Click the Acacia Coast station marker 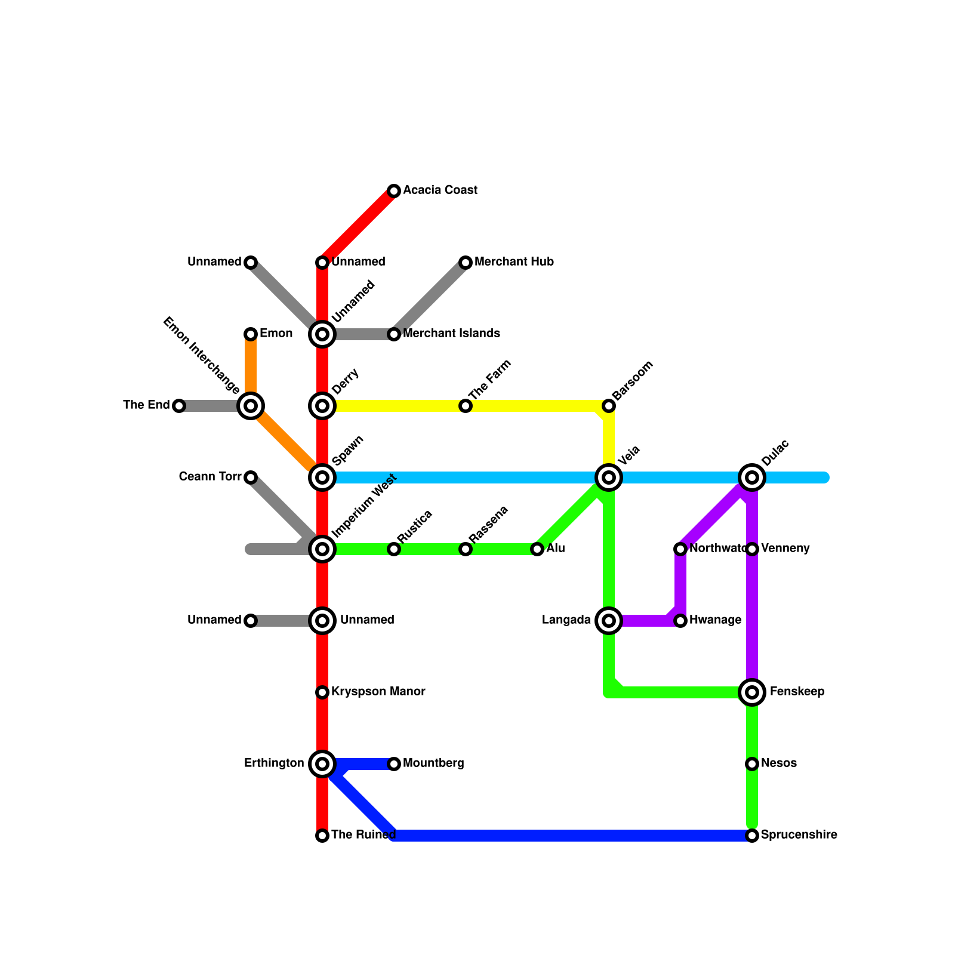click(x=394, y=191)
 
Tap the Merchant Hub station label click(x=514, y=262)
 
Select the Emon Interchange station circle click(x=251, y=406)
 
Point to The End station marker click(x=179, y=406)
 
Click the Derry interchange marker click(x=322, y=406)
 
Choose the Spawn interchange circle click(x=322, y=478)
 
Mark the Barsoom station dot click(x=609, y=406)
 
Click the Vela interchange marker click(x=609, y=478)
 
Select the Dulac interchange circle click(x=752, y=478)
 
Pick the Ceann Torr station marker click(x=251, y=478)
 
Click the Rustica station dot click(x=394, y=549)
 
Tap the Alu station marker click(x=537, y=549)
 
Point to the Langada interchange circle click(x=609, y=621)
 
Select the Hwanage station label click(x=715, y=620)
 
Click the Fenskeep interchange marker click(x=752, y=692)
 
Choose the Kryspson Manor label click(x=378, y=692)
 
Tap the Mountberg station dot click(x=394, y=764)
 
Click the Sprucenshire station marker click(x=752, y=836)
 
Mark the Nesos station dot click(x=752, y=764)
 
